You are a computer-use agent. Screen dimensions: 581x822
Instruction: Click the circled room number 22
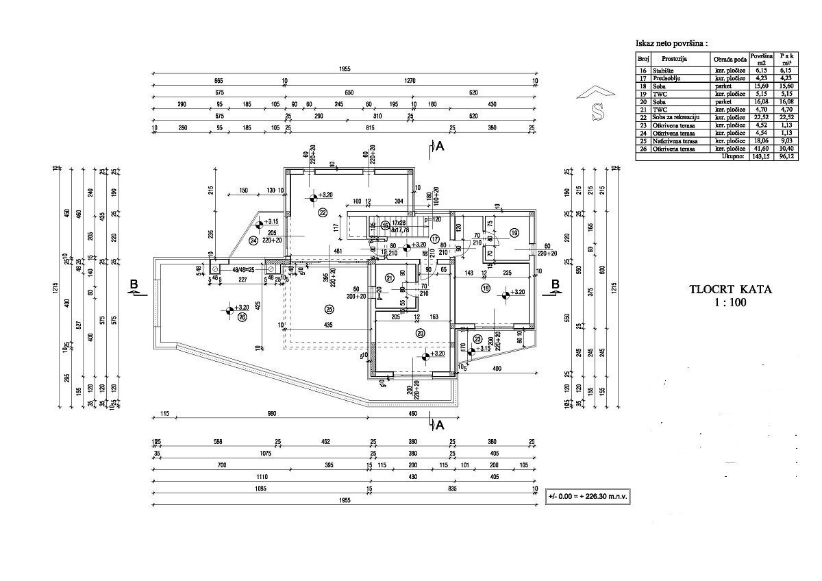322,212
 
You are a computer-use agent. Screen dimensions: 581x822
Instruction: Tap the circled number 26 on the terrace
242,317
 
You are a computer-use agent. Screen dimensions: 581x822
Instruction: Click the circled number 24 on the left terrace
253,240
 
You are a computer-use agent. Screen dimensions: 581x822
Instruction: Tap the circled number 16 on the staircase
386,225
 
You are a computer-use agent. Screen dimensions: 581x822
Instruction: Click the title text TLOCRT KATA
730,289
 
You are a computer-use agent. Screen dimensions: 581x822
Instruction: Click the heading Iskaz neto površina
671,43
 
